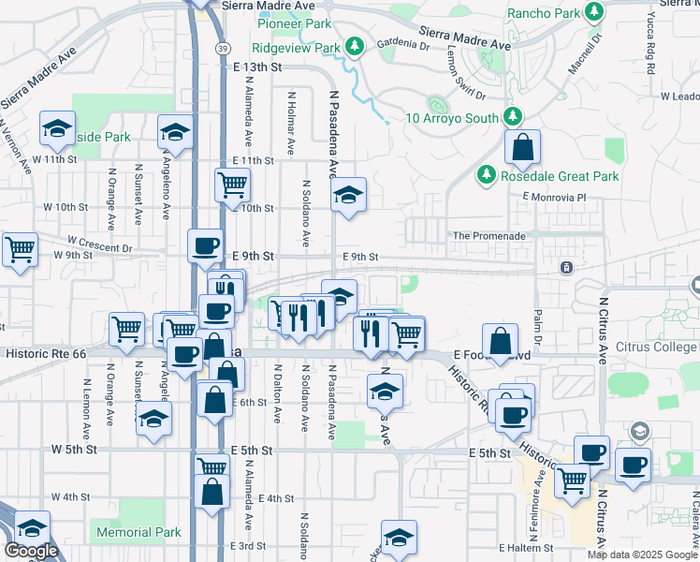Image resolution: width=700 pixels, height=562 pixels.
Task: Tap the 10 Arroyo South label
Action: pos(453,118)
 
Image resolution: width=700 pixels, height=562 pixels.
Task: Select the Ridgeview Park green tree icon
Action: pos(354,45)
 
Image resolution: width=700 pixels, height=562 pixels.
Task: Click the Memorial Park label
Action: pos(139,532)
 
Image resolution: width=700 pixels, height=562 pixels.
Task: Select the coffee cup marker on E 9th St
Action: pos(206,246)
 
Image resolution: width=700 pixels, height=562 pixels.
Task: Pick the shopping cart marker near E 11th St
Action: pos(231,184)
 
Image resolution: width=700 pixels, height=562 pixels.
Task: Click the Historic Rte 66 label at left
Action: pos(45,354)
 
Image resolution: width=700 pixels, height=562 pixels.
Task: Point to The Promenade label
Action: pos(489,236)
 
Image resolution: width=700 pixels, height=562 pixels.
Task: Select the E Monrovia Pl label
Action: pos(554,198)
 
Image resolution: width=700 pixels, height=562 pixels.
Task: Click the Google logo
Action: pos(31,551)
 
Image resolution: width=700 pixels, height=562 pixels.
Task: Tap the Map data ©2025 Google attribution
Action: pos(641,555)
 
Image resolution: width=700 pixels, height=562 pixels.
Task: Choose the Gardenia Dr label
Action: pos(402,44)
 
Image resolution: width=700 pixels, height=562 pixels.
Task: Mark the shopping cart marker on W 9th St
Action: pos(19,250)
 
